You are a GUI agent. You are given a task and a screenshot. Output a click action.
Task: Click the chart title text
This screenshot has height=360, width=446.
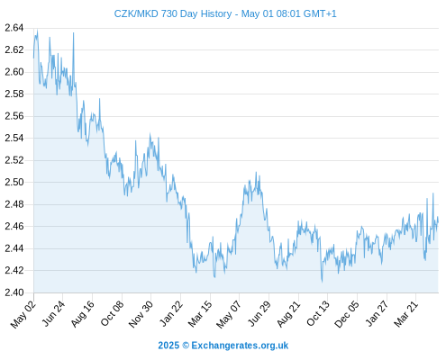[x=225, y=13]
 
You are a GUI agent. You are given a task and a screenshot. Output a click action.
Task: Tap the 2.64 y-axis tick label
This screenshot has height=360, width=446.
[x=14, y=28]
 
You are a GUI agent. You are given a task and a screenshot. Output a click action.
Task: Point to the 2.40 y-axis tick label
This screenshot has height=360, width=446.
[x=14, y=292]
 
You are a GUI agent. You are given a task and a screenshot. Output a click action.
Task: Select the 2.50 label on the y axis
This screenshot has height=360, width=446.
[x=14, y=182]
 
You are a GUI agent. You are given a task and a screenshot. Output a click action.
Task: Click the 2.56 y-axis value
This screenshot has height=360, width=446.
[x=14, y=116]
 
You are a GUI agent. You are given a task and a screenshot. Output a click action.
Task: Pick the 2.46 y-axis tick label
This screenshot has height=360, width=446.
[x=14, y=226]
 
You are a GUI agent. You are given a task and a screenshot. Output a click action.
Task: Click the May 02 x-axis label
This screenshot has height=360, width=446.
[x=23, y=314]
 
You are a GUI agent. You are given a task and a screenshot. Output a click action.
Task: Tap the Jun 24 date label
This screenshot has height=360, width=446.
[x=53, y=313]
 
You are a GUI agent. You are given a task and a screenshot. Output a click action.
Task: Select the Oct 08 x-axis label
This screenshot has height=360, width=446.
[x=112, y=313]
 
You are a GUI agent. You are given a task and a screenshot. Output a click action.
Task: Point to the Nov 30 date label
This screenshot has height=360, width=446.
[x=141, y=314]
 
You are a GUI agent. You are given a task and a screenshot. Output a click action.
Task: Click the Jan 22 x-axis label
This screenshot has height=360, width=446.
[x=170, y=313]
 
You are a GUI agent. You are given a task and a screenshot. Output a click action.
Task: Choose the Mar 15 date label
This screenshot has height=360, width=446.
[x=200, y=314]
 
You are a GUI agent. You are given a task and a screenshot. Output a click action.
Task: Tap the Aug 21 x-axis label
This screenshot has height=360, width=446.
[x=288, y=314]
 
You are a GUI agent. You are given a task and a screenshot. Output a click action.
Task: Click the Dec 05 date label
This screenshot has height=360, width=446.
[x=346, y=314]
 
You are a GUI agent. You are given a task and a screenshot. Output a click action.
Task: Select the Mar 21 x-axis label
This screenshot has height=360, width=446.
[x=405, y=314]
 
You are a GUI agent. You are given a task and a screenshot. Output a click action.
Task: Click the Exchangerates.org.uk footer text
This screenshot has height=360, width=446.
[x=240, y=346]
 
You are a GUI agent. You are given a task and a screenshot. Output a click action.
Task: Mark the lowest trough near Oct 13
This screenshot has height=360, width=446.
[x=322, y=282]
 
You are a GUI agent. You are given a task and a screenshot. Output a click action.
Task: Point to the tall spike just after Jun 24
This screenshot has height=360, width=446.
[x=74, y=33]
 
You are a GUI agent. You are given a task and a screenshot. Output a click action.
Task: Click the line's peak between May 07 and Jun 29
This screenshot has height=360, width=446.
[x=256, y=172]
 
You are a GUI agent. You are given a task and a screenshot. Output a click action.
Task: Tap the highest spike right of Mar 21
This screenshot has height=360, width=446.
[x=433, y=193]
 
